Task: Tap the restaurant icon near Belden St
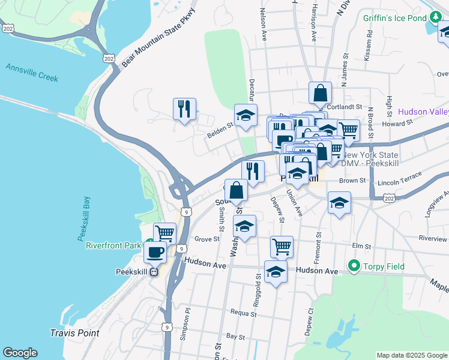pyautogui.click(x=184, y=109)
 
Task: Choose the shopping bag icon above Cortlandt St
pyautogui.click(x=321, y=94)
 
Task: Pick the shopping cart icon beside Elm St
pyautogui.click(x=281, y=246)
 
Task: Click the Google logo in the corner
pyautogui.click(x=20, y=353)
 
